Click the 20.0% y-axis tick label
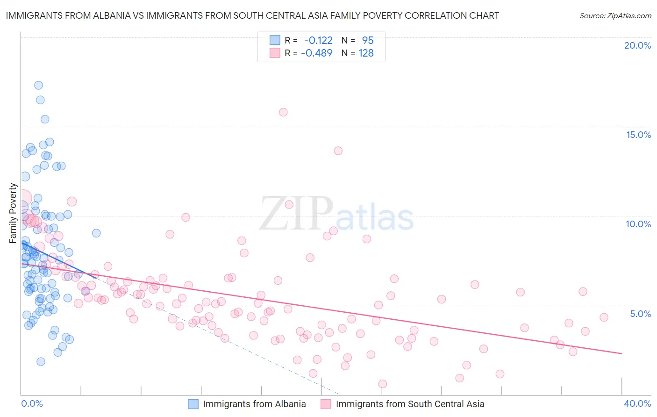[637, 45]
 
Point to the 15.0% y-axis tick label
[638, 135]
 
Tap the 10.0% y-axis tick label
[638, 224]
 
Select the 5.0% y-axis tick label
[640, 314]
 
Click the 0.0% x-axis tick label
[32, 403]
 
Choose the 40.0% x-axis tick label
[637, 403]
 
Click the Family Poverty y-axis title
[13, 213]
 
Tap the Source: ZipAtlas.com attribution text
[615, 15]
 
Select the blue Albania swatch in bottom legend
[194, 404]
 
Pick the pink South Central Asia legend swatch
[326, 404]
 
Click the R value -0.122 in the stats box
[318, 40]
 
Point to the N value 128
[366, 53]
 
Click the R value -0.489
[317, 53]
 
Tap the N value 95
[368, 40]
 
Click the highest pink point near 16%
[283, 112]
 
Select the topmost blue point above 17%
[39, 85]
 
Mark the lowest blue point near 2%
[41, 362]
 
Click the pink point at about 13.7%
[338, 151]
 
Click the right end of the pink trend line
[621, 353]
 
